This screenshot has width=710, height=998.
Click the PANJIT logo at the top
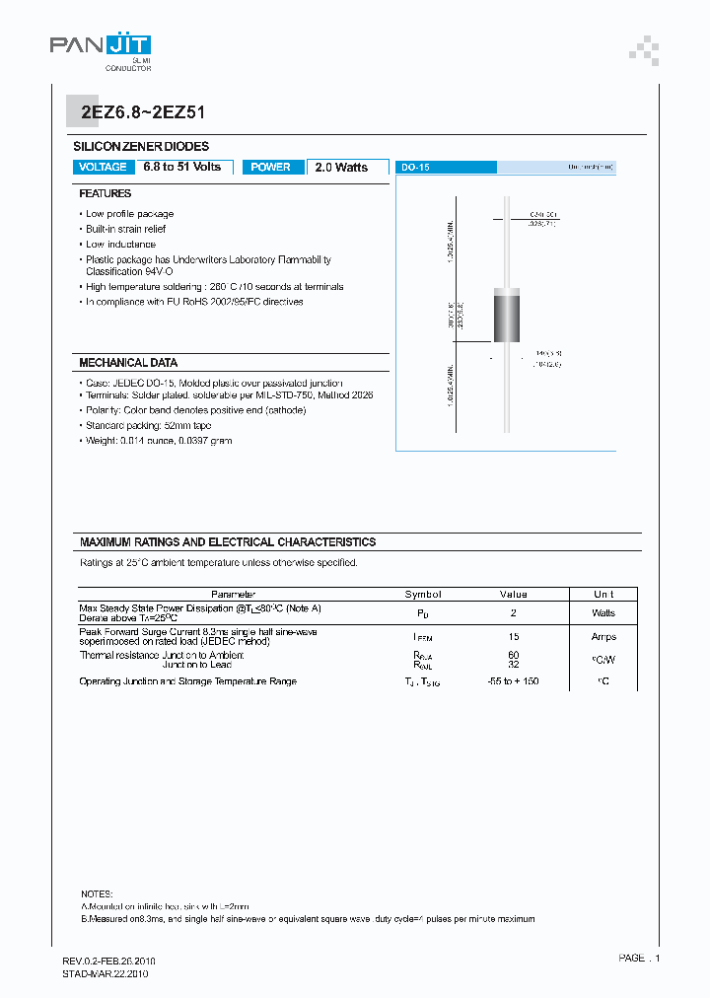coord(101,45)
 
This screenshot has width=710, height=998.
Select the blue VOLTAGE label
coord(103,168)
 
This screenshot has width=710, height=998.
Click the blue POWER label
coord(270,168)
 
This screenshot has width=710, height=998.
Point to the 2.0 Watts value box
coord(341,168)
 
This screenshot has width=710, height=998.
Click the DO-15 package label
coord(415,169)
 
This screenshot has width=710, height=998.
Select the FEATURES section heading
coord(106,194)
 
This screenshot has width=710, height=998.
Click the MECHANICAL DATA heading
coord(128,363)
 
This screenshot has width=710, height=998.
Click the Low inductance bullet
coord(120,244)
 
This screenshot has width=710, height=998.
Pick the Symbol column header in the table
coord(423,595)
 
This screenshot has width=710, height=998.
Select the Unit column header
coord(603,595)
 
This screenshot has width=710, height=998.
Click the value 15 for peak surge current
coord(514,637)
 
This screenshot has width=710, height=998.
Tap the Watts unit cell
coord(603,612)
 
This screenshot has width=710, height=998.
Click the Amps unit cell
coord(603,637)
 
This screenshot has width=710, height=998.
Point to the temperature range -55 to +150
coord(514,681)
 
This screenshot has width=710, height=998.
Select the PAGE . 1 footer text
coord(639,959)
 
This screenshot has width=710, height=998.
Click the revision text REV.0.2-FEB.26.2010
coord(108,961)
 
